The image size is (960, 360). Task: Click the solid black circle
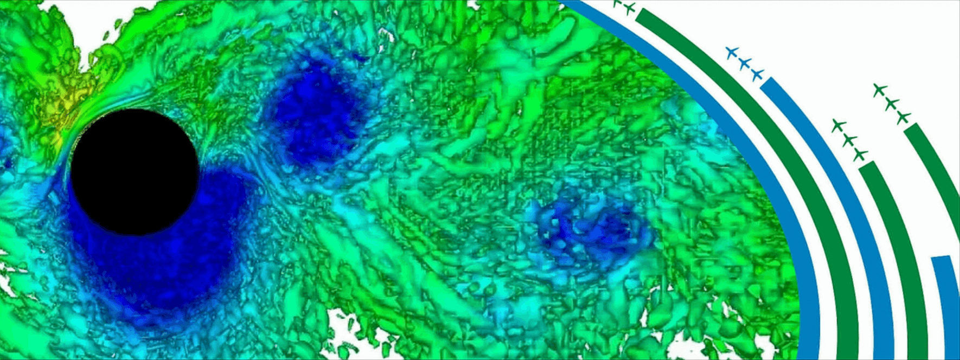135,172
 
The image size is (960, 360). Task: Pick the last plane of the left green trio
859,155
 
